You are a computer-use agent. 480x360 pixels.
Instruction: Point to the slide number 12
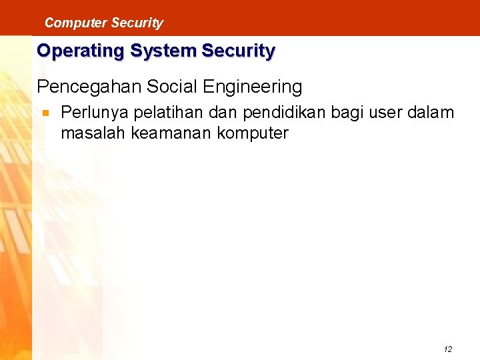coord(447,349)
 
